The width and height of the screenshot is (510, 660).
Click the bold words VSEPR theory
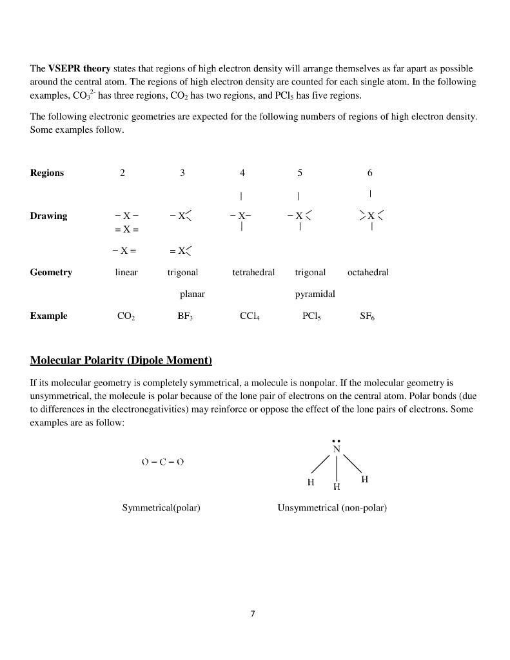click(x=79, y=68)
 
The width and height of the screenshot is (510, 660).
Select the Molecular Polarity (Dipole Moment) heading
click(x=121, y=359)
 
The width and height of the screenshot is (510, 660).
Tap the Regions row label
click(x=47, y=173)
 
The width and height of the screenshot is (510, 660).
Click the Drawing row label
click(x=48, y=216)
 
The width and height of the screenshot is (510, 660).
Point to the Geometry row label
click(x=51, y=273)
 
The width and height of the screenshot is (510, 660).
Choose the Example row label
click(x=48, y=316)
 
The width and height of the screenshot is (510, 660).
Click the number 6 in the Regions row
click(x=369, y=173)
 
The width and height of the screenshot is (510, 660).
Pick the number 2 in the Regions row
click(x=123, y=173)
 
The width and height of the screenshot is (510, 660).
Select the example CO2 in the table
click(x=126, y=316)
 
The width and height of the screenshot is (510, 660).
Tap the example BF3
click(x=185, y=316)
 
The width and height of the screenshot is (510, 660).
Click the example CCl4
click(x=249, y=316)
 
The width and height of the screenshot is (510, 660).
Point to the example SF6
click(x=368, y=316)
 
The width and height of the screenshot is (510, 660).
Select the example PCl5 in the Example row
click(x=311, y=316)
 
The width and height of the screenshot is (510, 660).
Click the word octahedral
click(x=368, y=273)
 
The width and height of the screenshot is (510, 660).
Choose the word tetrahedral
click(x=253, y=273)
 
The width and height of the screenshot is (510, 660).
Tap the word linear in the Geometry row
click(x=126, y=273)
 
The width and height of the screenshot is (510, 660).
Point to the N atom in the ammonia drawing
click(x=336, y=449)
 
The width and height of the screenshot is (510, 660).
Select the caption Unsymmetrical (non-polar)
click(x=332, y=508)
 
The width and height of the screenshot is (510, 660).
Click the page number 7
click(x=253, y=614)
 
